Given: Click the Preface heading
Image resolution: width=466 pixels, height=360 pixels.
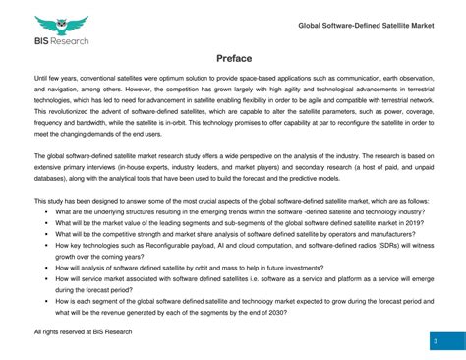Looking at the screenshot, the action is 233,58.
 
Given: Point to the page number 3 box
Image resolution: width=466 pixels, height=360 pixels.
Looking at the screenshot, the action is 435,340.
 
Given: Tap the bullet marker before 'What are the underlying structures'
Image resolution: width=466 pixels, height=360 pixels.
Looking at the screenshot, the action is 45,211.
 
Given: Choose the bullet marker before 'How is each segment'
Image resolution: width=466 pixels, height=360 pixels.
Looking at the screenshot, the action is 45,302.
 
